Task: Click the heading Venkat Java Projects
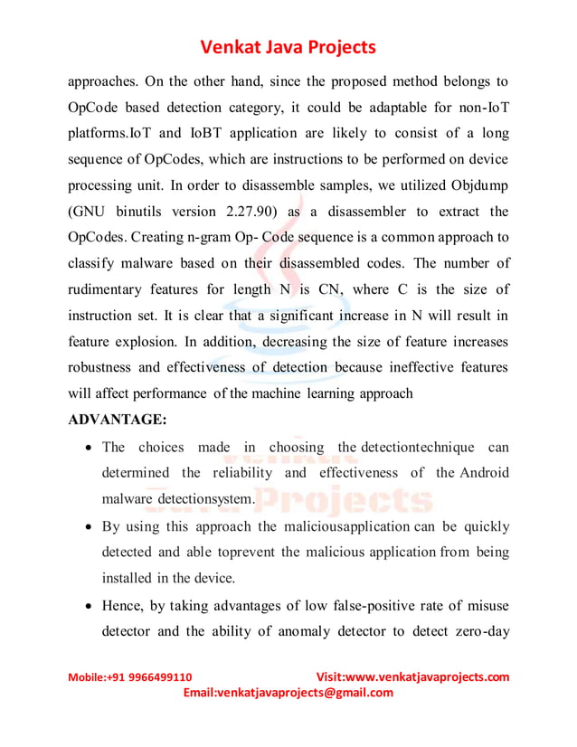(288, 46)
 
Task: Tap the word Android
(484, 473)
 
